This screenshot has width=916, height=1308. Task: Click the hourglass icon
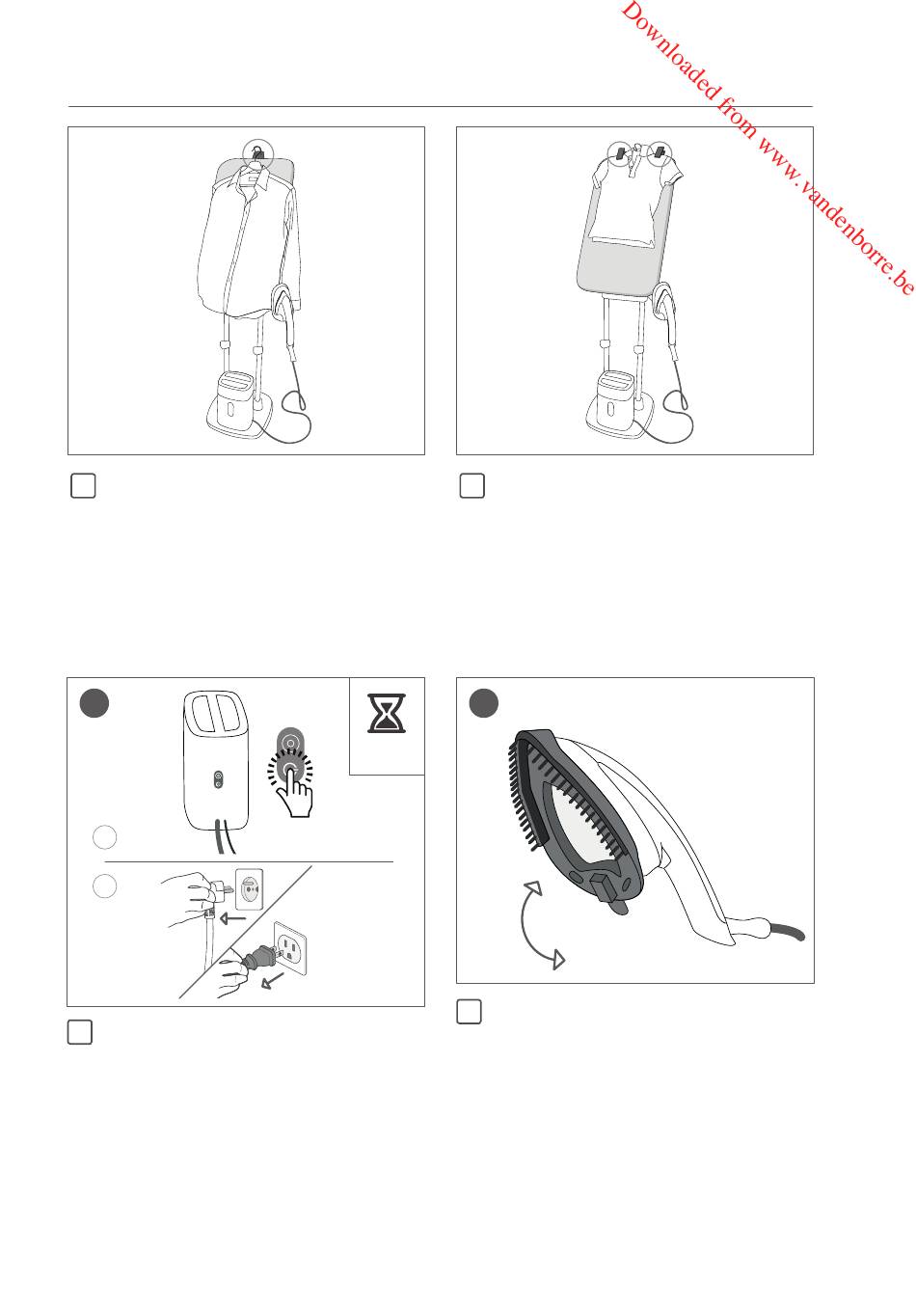pos(387,713)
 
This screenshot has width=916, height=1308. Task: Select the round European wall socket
pos(250,889)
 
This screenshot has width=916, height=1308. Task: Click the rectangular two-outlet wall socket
pos(290,948)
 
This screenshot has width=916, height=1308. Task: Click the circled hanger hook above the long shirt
pos(257,154)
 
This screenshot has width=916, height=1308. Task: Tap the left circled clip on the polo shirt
pos(621,154)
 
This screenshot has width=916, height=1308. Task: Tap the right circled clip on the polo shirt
pos(660,153)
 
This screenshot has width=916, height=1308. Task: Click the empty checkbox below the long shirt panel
pos(83,486)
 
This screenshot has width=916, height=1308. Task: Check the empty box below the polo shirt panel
pos(471,486)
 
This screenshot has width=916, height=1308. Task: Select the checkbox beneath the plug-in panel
pos(80,1032)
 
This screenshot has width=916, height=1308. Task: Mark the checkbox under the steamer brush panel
pos(469,1012)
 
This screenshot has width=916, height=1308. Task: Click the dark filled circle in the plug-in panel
pos(94,703)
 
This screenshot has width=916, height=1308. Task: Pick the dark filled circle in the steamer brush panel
pos(484,703)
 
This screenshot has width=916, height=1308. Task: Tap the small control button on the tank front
pos(218,779)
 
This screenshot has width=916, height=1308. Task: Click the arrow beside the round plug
pos(233,918)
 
